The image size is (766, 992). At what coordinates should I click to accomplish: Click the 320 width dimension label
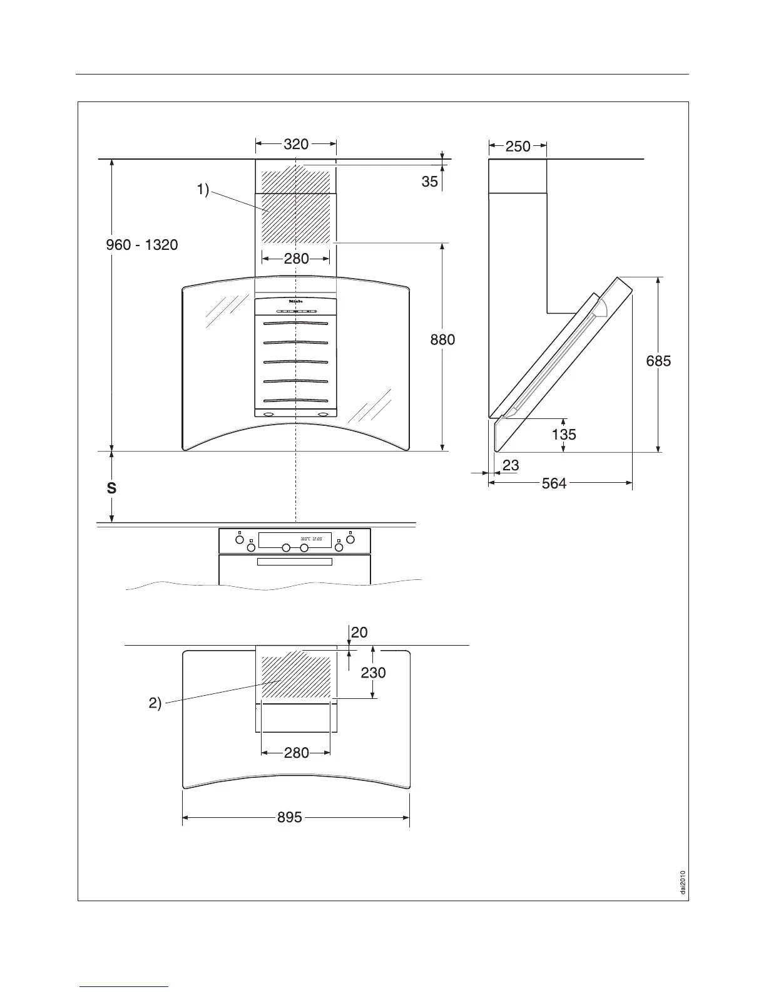click(x=296, y=144)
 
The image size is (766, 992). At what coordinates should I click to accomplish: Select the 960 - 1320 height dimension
click(x=142, y=245)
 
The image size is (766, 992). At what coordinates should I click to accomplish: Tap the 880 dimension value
click(x=442, y=340)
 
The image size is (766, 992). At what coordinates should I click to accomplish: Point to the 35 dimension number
click(x=429, y=182)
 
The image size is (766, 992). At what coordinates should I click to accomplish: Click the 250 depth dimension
click(x=518, y=147)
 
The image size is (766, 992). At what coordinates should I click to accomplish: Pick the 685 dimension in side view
click(x=658, y=361)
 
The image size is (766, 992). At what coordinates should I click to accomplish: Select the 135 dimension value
click(x=564, y=434)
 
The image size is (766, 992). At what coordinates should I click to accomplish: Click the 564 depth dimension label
click(x=554, y=483)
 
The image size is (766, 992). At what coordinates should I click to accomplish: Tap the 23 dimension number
click(x=511, y=466)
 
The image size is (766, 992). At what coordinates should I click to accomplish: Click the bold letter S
click(x=111, y=488)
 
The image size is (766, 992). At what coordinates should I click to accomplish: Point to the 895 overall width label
click(x=290, y=817)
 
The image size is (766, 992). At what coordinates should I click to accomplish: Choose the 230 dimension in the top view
click(x=373, y=673)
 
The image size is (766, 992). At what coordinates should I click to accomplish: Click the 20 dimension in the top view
click(x=359, y=633)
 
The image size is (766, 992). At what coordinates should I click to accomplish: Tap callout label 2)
click(x=155, y=703)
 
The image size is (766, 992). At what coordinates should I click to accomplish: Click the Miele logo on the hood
click(x=295, y=301)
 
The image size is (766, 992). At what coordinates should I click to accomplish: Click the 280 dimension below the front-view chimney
click(x=297, y=258)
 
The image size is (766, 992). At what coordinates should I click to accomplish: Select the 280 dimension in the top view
click(x=297, y=752)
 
